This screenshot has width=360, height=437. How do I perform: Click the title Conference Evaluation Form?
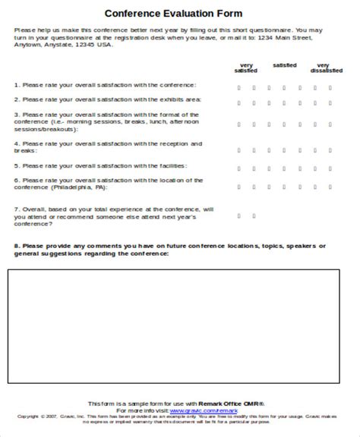(179, 13)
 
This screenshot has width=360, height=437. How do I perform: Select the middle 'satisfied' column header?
(286, 66)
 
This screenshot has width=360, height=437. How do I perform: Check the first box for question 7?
(238, 215)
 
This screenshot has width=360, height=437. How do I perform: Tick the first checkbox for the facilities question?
(238, 165)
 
